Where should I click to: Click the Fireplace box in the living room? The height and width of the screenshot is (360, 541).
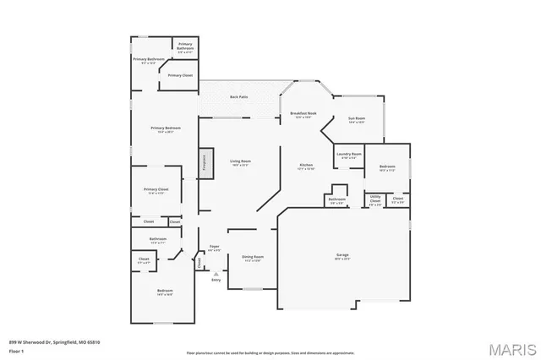click(x=204, y=162)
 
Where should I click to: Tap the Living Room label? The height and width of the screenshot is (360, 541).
click(x=241, y=161)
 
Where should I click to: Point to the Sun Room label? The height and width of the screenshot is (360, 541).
click(x=357, y=118)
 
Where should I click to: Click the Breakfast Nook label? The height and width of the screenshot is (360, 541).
click(x=303, y=113)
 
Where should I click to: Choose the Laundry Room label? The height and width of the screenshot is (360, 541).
click(x=348, y=154)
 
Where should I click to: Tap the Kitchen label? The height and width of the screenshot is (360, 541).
click(x=306, y=164)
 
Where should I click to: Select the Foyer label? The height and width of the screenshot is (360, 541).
click(x=215, y=247)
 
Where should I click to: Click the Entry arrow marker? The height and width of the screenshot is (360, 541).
click(x=216, y=274)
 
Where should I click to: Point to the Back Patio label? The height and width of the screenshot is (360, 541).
click(x=239, y=97)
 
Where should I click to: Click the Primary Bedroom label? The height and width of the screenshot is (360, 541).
click(x=162, y=128)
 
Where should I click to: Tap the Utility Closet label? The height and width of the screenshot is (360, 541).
click(x=374, y=199)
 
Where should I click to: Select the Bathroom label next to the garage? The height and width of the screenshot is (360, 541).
click(x=336, y=199)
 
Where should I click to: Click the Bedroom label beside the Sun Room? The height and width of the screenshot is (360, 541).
click(x=387, y=166)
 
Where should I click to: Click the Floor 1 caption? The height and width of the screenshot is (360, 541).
click(x=17, y=349)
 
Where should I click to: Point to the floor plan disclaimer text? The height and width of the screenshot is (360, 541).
click(x=270, y=352)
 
